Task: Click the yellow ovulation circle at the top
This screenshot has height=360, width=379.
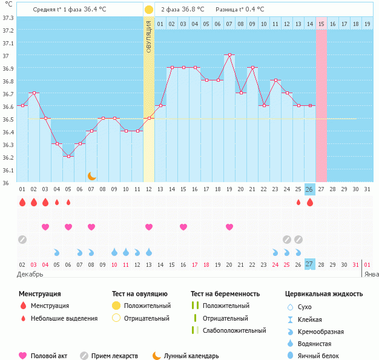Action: (x=149, y=10)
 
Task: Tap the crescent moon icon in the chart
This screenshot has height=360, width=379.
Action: (x=91, y=175)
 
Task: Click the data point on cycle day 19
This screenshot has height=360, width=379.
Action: (x=229, y=55)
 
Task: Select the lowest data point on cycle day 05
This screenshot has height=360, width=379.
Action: (x=68, y=156)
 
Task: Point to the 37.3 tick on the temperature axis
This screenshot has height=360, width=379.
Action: (x=8, y=18)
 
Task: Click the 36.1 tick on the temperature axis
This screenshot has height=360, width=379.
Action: (x=8, y=170)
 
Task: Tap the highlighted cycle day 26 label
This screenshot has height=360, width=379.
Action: (x=309, y=189)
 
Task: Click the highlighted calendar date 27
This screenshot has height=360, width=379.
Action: (x=309, y=264)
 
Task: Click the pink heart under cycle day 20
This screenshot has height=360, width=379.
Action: (x=229, y=227)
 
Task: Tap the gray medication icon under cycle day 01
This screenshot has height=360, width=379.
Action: (x=22, y=239)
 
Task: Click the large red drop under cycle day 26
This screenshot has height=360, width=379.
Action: (x=310, y=202)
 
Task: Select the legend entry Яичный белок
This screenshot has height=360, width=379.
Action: (x=323, y=356)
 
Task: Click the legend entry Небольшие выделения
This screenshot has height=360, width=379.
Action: (x=64, y=318)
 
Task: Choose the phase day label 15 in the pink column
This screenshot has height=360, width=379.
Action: (x=321, y=24)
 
